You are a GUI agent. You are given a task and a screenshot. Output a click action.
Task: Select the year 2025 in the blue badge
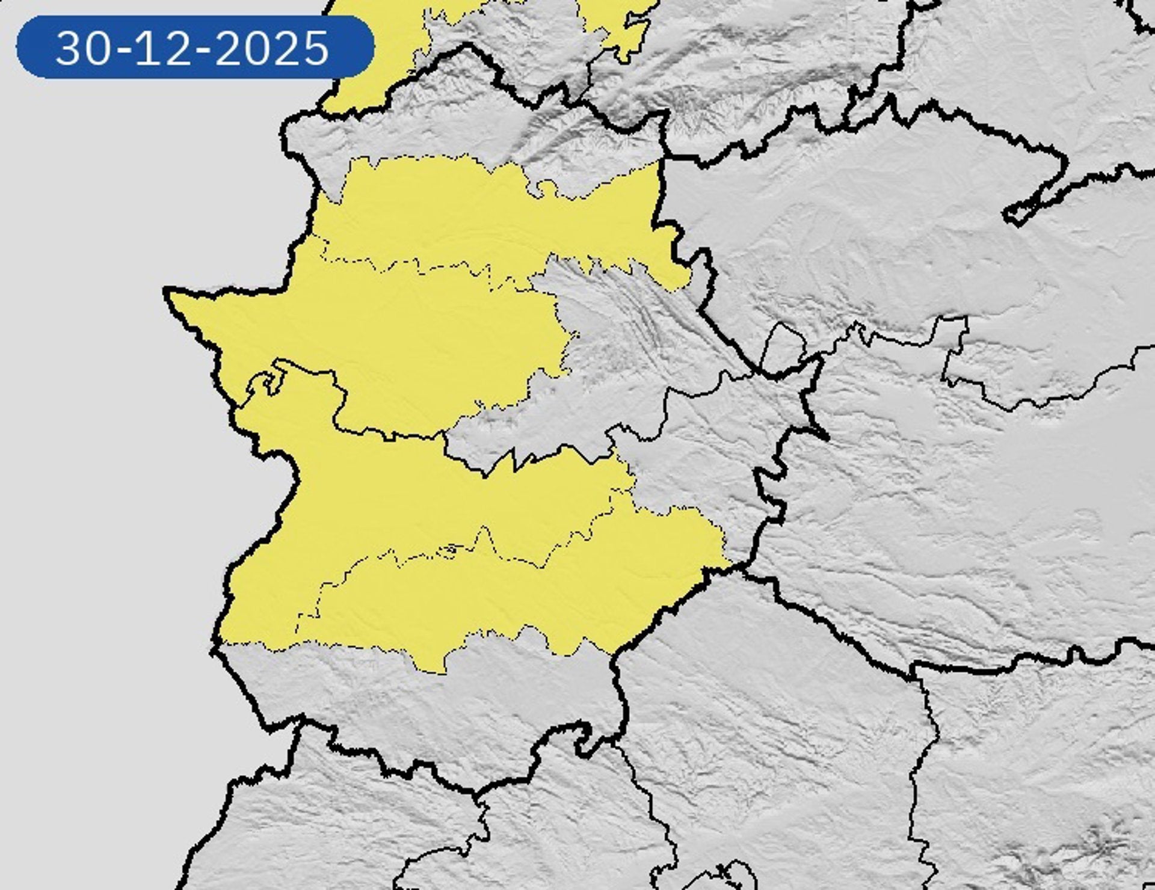pos(271,48)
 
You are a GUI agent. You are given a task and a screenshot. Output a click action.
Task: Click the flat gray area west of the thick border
pos(90,481)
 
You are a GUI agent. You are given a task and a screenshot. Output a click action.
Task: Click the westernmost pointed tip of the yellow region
pos(168,292)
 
